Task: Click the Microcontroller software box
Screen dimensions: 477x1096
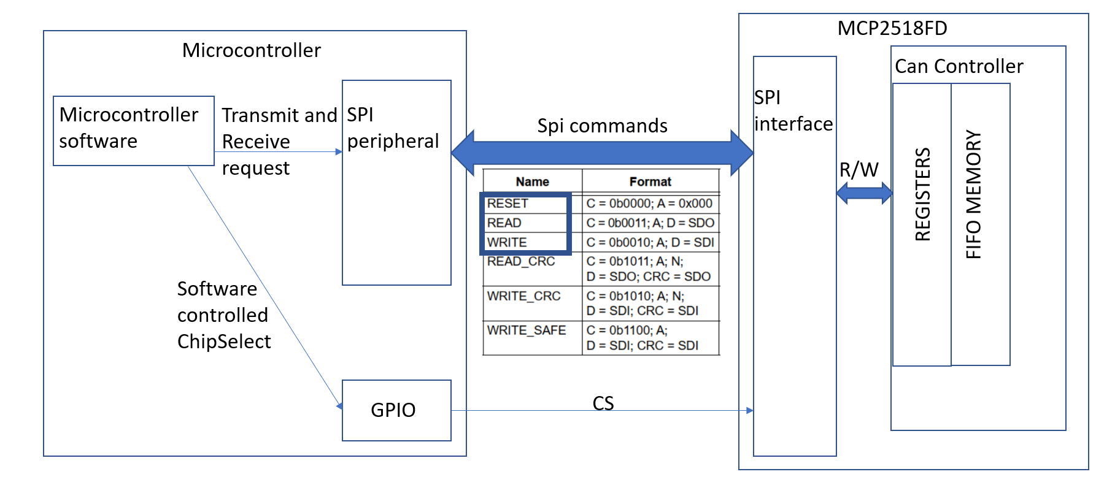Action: [x=133, y=130]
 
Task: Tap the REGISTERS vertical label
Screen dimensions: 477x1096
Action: [x=922, y=194]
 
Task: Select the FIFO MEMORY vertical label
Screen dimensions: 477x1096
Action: [x=974, y=194]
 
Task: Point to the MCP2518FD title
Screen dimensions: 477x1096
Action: [x=892, y=28]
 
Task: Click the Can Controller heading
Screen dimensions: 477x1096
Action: [x=959, y=66]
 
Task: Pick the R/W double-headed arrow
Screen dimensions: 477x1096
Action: [x=863, y=193]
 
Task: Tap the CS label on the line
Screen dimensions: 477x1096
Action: [x=603, y=403]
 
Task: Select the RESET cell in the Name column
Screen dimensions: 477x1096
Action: [x=507, y=204]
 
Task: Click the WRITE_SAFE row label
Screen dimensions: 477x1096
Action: [x=527, y=330]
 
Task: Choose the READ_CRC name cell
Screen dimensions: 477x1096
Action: [x=521, y=262]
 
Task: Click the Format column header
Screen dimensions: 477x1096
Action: [x=650, y=181]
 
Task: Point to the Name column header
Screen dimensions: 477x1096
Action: [x=532, y=181]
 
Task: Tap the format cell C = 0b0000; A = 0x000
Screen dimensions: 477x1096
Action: [x=649, y=204]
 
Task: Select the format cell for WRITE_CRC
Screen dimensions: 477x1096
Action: [x=642, y=303]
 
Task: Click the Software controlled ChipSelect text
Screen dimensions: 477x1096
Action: [x=223, y=315]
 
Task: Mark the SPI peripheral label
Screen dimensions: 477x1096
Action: [x=393, y=128]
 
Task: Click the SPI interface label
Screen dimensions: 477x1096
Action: [x=793, y=111]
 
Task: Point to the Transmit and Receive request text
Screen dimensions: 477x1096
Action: [x=279, y=142]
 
